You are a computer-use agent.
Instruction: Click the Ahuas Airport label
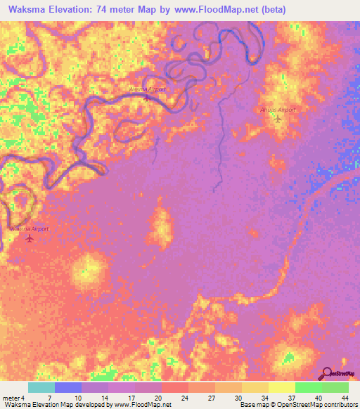click(277, 110)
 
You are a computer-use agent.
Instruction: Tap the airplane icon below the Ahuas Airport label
click(278, 119)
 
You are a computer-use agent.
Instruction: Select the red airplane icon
click(30, 238)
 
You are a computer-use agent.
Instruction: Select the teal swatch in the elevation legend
click(41, 387)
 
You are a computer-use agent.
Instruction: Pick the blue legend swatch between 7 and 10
click(68, 387)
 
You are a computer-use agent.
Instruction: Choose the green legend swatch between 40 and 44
click(335, 387)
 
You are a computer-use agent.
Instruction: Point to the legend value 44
click(345, 398)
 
